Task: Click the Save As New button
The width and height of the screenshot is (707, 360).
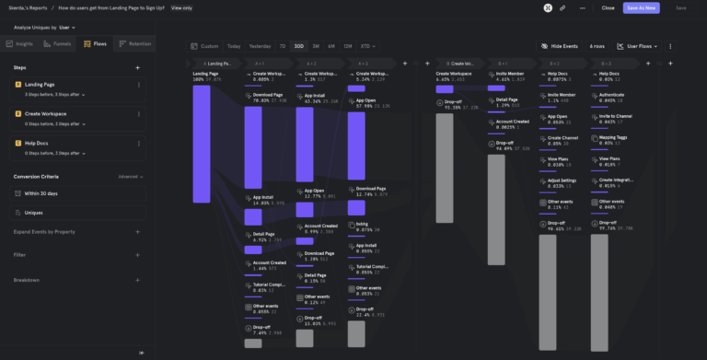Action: point(641,7)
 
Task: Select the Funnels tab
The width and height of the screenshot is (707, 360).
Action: point(58,43)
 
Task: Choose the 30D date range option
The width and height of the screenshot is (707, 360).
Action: point(298,45)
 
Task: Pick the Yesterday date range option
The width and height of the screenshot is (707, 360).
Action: point(260,45)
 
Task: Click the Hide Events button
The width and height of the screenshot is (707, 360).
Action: point(561,45)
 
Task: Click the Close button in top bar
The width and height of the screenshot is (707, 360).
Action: point(608,7)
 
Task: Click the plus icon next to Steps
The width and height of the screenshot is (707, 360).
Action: point(137,67)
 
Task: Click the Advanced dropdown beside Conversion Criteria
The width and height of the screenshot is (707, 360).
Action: point(131,176)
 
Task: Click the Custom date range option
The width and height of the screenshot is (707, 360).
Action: point(205,45)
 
